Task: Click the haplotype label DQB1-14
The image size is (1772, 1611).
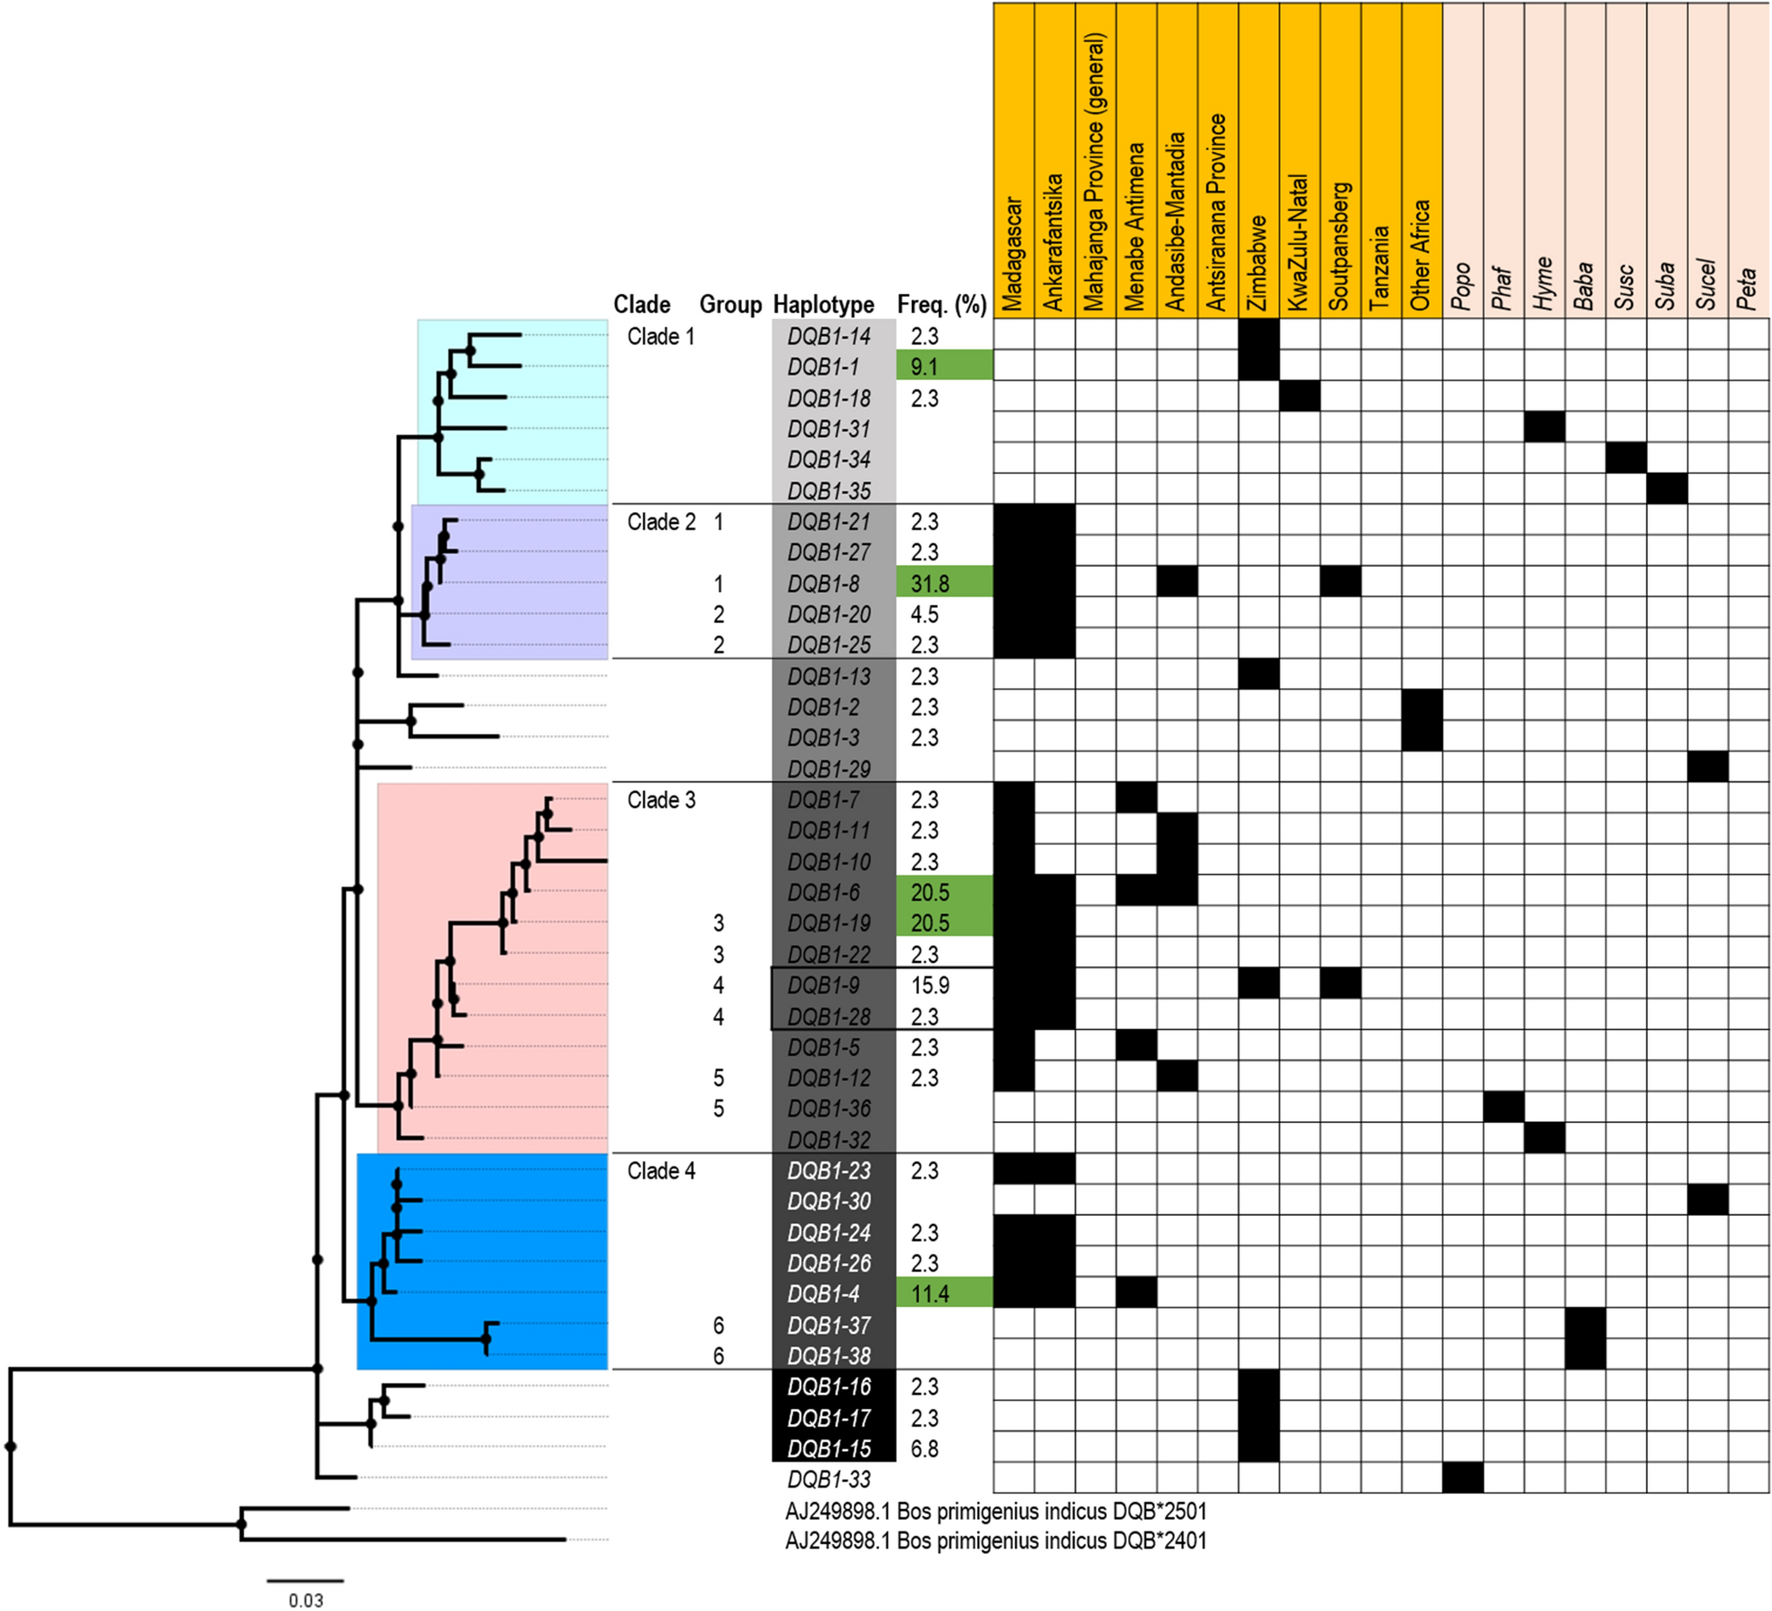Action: tap(829, 337)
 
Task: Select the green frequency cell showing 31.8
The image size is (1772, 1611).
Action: tap(943, 584)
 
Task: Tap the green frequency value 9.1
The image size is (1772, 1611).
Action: tap(943, 367)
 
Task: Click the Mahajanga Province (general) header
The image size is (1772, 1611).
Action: tap(1095, 174)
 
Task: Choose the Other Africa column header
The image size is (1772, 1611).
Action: tap(1422, 255)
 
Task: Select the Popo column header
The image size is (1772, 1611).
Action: tap(1462, 286)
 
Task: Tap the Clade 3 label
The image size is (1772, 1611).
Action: tap(661, 800)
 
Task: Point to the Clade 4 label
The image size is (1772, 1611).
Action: tap(661, 1171)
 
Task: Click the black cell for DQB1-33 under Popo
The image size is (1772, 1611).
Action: tap(1462, 1478)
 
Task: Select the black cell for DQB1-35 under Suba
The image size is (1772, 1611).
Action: tap(1667, 489)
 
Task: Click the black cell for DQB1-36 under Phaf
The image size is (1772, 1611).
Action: tap(1503, 1108)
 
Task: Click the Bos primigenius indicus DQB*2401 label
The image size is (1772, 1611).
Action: tap(996, 1540)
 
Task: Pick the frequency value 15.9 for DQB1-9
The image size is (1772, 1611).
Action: tap(930, 985)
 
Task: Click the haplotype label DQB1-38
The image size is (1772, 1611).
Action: tap(829, 1356)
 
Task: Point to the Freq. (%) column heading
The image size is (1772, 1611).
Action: tap(941, 305)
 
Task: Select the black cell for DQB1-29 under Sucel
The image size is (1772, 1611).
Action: tap(1708, 767)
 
